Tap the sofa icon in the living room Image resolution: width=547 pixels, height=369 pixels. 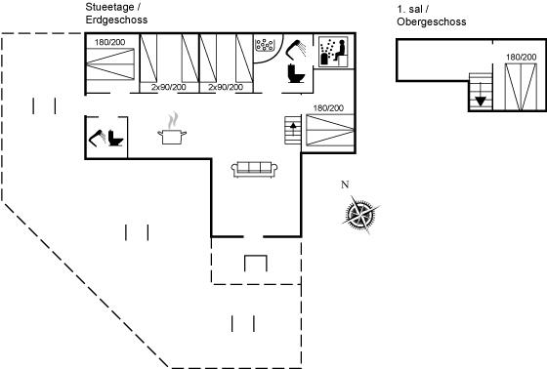[254, 170]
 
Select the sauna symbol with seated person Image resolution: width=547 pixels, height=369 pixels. [333, 52]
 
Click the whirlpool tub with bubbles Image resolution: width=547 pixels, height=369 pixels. [265, 44]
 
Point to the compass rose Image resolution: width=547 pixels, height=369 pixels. [360, 214]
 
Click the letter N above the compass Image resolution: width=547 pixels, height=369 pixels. [345, 184]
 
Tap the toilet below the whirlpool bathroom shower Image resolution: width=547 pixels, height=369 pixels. [296, 73]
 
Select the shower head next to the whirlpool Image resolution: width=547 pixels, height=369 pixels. [295, 49]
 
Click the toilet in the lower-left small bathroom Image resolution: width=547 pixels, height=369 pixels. [115, 138]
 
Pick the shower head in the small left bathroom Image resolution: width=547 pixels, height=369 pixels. [98, 138]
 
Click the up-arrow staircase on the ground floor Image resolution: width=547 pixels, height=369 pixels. [293, 130]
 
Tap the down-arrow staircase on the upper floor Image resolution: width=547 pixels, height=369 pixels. [481, 92]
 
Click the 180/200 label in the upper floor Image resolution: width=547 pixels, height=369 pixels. [522, 57]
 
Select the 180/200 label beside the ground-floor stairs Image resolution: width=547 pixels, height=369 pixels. [328, 108]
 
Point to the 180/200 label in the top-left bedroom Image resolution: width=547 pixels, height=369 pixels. [109, 42]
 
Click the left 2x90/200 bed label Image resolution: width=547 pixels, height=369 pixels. [169, 87]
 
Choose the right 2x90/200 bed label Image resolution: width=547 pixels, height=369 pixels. [226, 87]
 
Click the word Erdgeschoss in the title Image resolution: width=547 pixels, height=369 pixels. [116, 20]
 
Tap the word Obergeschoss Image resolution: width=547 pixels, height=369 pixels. [432, 21]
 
